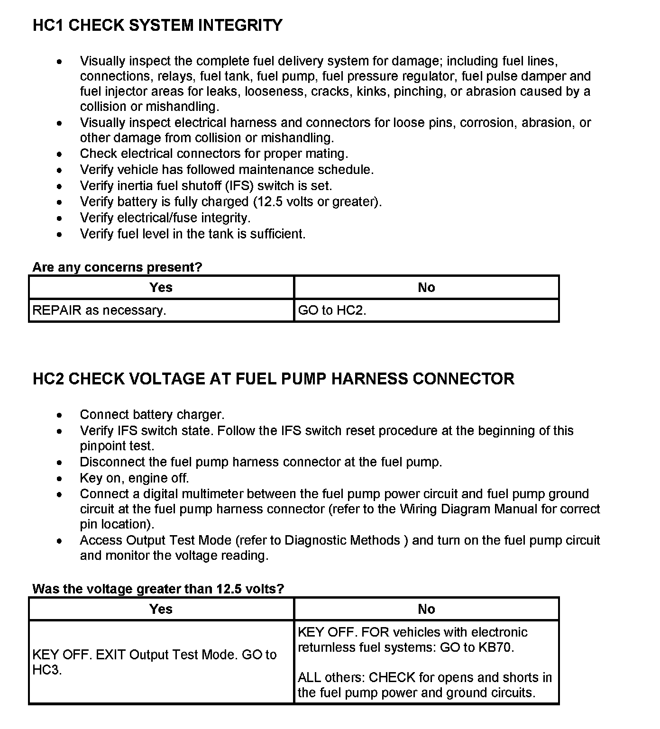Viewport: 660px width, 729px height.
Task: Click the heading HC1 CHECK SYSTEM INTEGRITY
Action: coord(157,25)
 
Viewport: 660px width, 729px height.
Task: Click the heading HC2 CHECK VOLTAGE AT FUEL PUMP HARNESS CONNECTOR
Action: coord(273,379)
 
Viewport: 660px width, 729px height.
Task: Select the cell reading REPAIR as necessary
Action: coord(99,310)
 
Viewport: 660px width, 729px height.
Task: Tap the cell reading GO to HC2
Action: coord(332,310)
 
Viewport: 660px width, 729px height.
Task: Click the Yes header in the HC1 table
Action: coord(161,287)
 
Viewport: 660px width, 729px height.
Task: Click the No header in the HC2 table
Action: coord(426,609)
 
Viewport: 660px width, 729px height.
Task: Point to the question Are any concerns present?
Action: coord(117,267)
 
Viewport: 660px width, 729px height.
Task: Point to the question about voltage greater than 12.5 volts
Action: coord(158,589)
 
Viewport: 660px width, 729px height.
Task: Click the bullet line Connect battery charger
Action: coord(152,415)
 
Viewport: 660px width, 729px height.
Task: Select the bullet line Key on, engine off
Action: coord(134,478)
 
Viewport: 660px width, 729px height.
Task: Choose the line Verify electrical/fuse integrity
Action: coord(165,218)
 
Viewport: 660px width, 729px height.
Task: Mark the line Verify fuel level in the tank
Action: coord(192,234)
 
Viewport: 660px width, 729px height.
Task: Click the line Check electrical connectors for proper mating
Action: coord(214,154)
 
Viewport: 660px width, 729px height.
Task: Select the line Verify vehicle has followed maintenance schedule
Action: coord(227,170)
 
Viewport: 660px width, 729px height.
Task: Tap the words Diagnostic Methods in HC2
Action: coord(342,540)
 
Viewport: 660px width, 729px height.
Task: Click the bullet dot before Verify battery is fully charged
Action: coord(59,202)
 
